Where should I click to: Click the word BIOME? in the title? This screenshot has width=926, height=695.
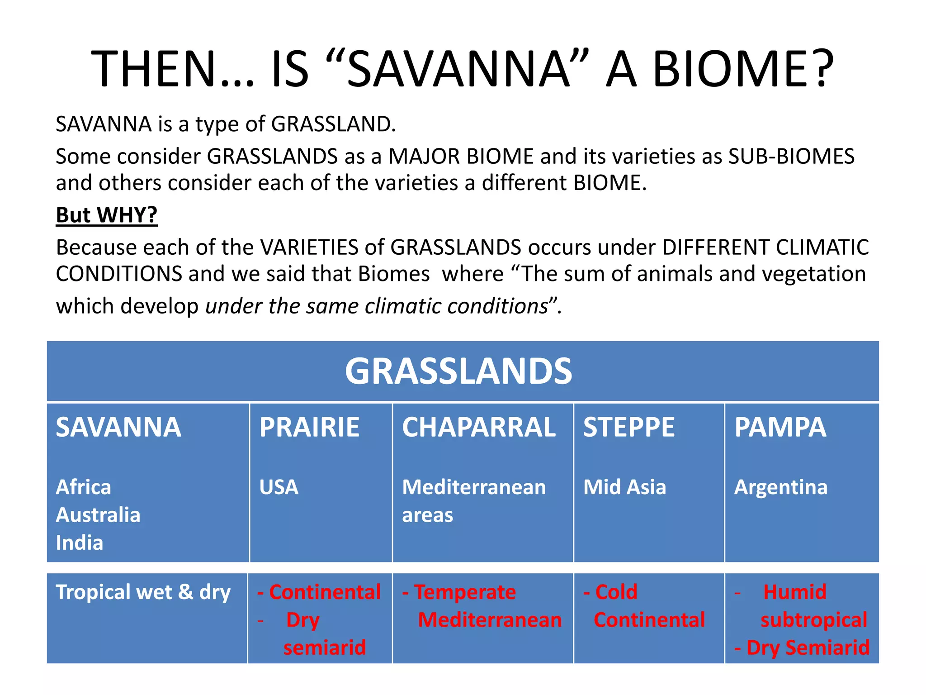(x=742, y=69)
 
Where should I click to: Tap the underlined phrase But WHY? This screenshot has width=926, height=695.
(x=107, y=215)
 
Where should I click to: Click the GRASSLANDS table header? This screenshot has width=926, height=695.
(x=458, y=371)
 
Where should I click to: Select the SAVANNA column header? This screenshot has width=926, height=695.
(x=118, y=427)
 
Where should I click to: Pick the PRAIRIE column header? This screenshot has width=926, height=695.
(x=309, y=427)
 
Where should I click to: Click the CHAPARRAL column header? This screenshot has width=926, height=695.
(x=479, y=427)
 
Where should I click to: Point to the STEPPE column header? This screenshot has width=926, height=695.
(x=628, y=427)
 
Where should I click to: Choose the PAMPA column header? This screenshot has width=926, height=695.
(x=780, y=427)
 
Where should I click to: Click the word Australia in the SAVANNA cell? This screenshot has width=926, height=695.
(x=98, y=515)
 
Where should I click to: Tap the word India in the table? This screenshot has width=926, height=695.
(x=80, y=543)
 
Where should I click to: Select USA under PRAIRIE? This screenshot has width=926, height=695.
(x=279, y=487)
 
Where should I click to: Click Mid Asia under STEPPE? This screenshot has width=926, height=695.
(x=624, y=487)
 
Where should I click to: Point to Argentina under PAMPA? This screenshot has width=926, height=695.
(x=781, y=487)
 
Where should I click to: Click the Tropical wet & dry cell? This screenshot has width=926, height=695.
(x=143, y=592)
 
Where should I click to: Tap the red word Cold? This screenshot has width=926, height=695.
(x=616, y=592)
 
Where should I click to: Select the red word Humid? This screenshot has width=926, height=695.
(x=794, y=592)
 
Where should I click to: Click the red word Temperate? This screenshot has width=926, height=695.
(x=465, y=592)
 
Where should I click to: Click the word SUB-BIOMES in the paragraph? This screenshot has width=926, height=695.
(x=791, y=157)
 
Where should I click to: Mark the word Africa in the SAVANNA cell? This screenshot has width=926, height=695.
(x=83, y=487)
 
